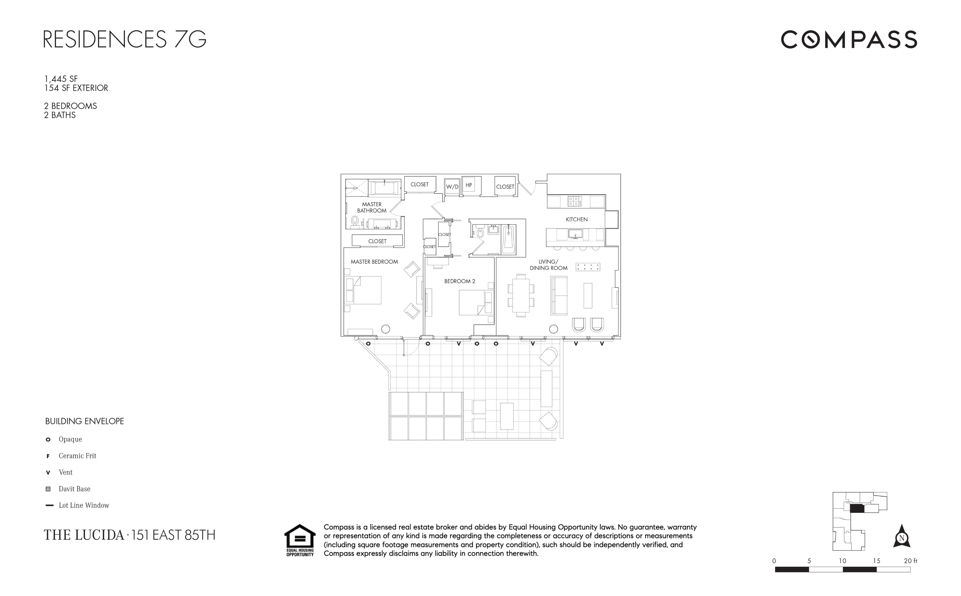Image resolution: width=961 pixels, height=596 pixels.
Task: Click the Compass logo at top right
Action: (x=849, y=40)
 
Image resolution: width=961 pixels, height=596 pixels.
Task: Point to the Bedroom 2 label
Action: (x=460, y=281)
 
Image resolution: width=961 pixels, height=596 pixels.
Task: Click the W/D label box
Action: (x=452, y=187)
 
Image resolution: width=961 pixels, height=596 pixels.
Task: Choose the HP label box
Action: (x=468, y=185)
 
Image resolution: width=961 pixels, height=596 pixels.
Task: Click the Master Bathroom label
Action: (x=372, y=207)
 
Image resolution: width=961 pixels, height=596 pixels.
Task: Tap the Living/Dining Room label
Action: (x=548, y=265)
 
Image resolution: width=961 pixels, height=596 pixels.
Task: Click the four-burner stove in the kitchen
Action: (x=573, y=201)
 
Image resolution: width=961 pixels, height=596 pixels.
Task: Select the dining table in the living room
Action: (x=521, y=295)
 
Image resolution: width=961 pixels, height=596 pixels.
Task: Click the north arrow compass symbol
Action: (x=901, y=537)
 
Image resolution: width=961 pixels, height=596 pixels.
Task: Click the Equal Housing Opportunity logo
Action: (x=300, y=540)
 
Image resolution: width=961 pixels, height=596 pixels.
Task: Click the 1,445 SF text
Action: (x=61, y=79)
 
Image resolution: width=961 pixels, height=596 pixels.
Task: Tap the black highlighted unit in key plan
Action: (x=857, y=509)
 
